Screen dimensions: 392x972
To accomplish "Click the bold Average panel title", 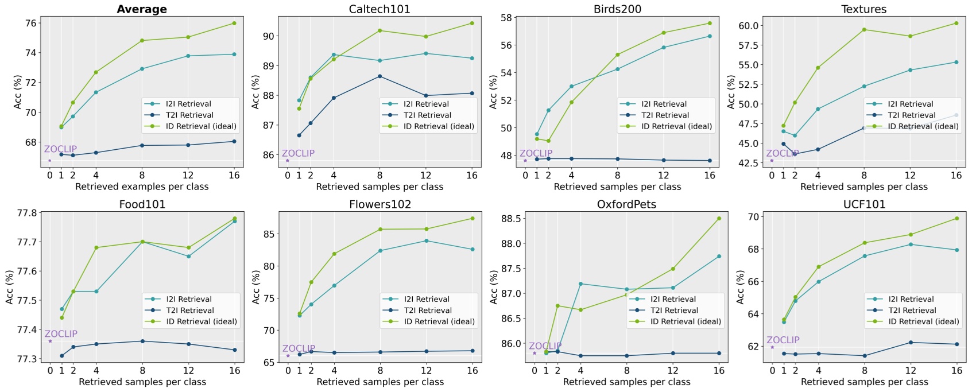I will coord(142,9).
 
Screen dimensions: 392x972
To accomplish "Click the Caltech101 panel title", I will coord(379,9).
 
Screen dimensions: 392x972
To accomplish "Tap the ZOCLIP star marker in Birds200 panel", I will coord(525,161).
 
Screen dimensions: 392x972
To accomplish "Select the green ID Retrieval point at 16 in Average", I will coord(234,23).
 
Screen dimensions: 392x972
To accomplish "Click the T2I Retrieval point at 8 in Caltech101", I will coord(379,76).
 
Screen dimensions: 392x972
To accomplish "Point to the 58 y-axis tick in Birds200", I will coord(506,18).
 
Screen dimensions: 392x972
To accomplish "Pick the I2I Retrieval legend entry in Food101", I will coord(189,299).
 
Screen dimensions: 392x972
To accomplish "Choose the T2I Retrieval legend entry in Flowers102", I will coord(427,310).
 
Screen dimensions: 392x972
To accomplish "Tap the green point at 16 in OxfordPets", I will coord(719,218).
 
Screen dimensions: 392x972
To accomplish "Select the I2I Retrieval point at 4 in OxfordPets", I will coord(580,284).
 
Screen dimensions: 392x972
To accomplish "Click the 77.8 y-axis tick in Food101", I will coord(28,213).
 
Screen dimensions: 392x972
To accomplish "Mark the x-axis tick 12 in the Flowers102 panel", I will coord(426,371).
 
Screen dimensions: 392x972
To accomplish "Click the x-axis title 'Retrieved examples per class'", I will coord(142,187).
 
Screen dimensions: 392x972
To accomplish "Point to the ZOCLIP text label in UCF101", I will coord(783,340).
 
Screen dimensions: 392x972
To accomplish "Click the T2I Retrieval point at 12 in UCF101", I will coord(911,343).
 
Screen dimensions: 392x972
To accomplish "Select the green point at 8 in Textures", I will coord(864,29).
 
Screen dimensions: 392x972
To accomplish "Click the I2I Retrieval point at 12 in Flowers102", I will coord(426,240).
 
